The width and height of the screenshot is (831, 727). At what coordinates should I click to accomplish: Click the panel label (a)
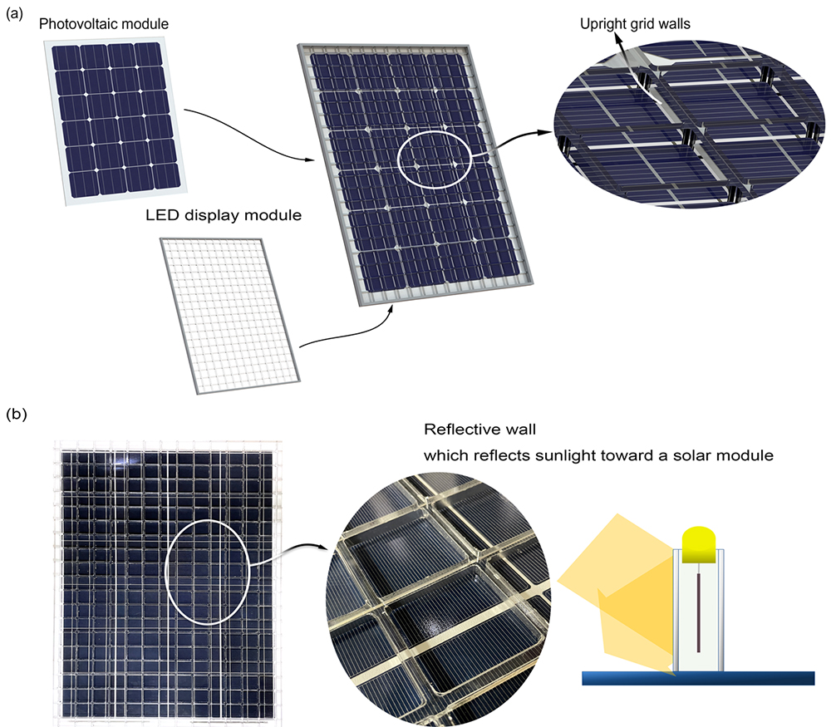(14, 14)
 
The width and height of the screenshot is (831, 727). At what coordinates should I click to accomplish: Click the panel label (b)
(16, 413)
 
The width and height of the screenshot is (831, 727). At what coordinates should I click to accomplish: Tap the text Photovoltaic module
(104, 24)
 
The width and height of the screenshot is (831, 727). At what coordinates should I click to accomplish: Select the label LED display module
(224, 215)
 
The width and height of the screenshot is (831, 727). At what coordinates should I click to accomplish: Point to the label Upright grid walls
(635, 24)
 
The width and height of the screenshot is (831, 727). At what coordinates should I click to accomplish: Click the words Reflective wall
(479, 430)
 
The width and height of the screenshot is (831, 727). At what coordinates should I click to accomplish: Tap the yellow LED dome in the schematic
(700, 544)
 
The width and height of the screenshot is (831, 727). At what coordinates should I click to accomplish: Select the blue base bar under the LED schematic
(698, 678)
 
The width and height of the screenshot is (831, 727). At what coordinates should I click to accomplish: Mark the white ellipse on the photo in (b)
(166, 572)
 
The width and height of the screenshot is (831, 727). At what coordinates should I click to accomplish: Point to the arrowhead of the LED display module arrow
(391, 309)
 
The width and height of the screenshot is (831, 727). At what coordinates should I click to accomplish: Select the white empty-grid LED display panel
(230, 317)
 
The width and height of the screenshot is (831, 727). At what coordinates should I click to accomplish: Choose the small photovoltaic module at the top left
(116, 120)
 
